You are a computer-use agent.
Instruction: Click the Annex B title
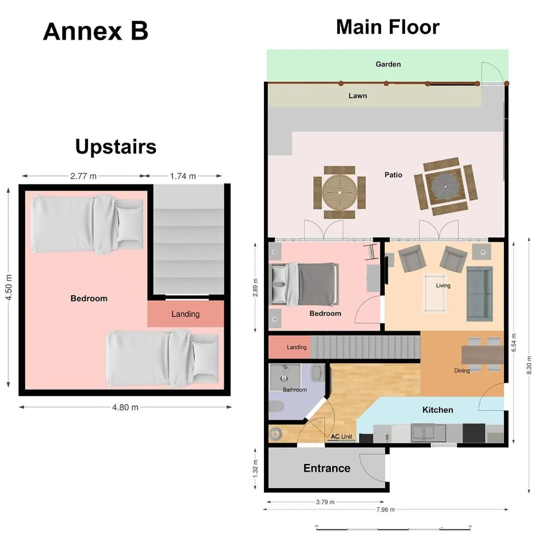click(x=95, y=31)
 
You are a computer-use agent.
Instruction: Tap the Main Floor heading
click(x=388, y=27)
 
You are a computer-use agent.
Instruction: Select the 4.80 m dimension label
click(x=125, y=407)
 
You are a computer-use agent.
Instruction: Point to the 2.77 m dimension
click(x=84, y=176)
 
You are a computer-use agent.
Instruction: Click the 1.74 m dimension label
click(x=183, y=176)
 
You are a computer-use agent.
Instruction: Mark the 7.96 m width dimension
click(x=385, y=510)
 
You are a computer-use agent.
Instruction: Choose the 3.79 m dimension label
click(x=325, y=502)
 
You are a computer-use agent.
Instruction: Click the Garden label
click(x=388, y=64)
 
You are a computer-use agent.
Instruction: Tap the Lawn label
click(x=358, y=96)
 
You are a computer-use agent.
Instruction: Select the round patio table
click(x=340, y=192)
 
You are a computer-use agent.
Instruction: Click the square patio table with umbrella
click(x=445, y=186)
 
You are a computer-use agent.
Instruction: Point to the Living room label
click(x=443, y=285)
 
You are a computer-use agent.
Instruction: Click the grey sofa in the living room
click(x=479, y=294)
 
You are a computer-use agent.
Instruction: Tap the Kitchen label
click(x=437, y=410)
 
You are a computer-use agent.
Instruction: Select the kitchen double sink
click(x=429, y=433)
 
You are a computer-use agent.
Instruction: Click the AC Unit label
click(x=341, y=436)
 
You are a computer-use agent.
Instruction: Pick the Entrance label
click(x=327, y=468)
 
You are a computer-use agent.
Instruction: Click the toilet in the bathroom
click(x=276, y=407)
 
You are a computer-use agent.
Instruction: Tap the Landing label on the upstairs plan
click(x=185, y=314)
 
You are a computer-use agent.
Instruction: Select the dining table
click(x=482, y=355)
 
